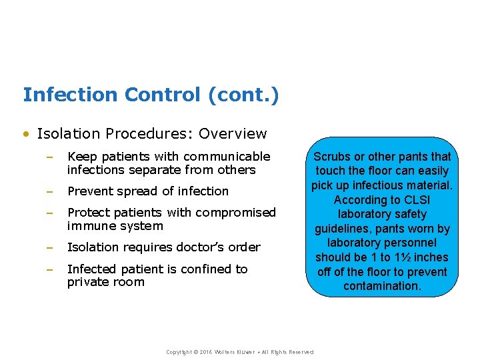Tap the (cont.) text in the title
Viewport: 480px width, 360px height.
pos(243,95)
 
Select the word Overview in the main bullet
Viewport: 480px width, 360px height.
pos(233,133)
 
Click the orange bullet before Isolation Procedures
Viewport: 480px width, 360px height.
pos(26,134)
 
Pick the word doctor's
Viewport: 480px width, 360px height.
pos(200,247)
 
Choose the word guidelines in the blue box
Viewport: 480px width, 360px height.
pos(344,229)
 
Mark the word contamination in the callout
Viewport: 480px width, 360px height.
pos(382,286)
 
